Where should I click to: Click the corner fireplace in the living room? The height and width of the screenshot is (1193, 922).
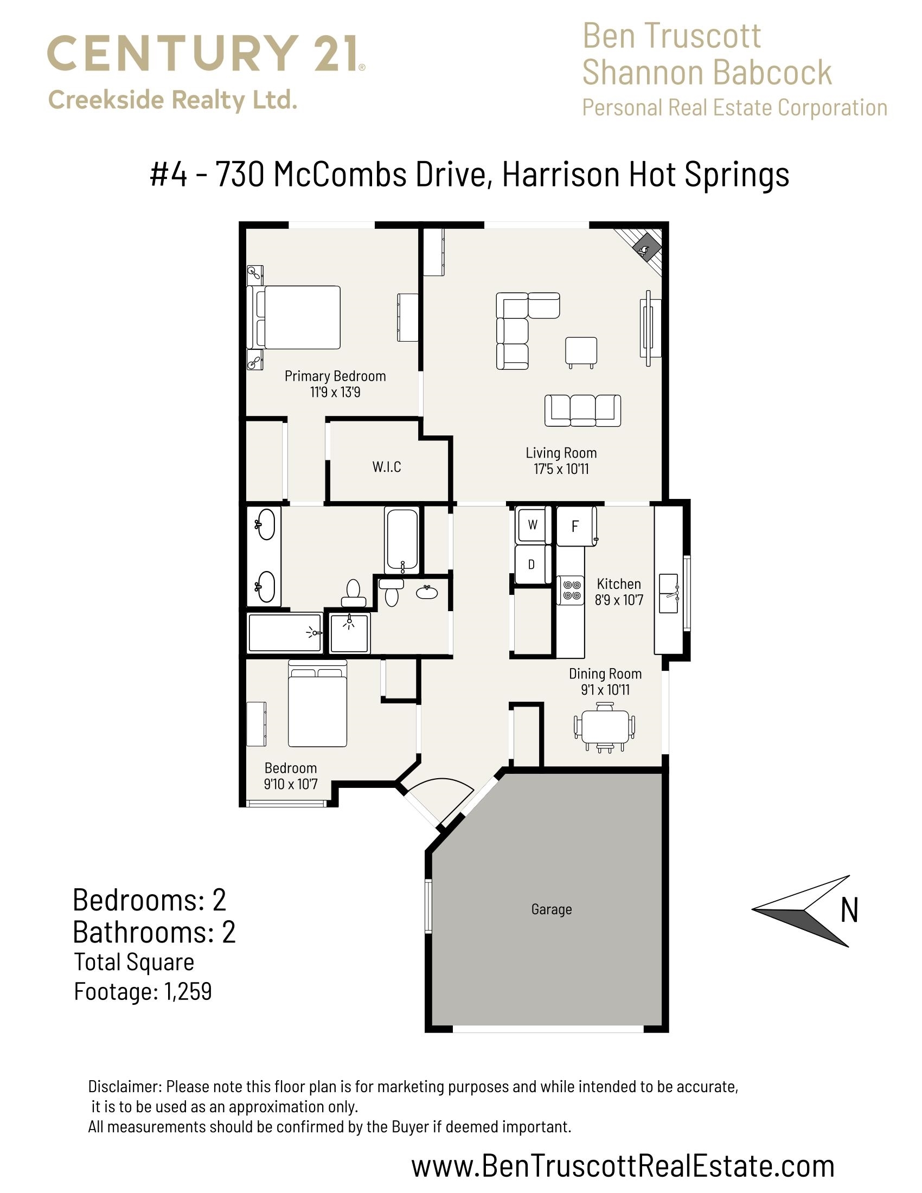coord(642,249)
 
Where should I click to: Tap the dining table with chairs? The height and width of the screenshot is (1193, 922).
coord(605,727)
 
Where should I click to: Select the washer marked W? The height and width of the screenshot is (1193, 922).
coord(533,525)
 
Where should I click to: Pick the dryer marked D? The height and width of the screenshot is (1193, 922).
coord(532,565)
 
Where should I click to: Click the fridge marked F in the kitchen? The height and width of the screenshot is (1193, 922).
coord(576,526)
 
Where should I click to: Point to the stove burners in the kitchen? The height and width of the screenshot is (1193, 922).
coord(571,591)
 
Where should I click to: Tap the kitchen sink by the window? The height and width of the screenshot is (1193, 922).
coord(670,593)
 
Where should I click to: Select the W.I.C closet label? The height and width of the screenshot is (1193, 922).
coord(387,467)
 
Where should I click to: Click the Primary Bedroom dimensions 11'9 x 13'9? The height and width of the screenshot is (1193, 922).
coord(335,392)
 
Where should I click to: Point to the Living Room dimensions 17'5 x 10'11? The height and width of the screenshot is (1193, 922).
coord(561,469)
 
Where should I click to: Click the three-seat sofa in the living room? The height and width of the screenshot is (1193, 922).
coord(583,411)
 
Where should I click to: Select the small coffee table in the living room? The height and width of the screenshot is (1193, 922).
coord(581,352)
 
